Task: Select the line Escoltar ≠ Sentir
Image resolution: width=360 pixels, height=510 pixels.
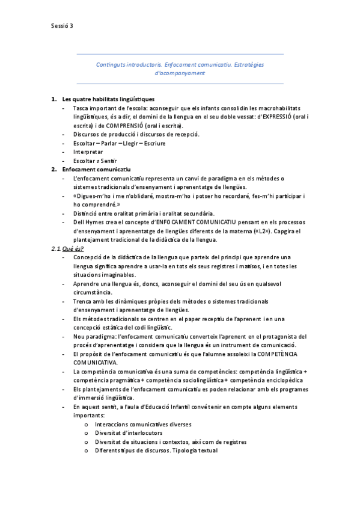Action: pyautogui.click(x=94, y=161)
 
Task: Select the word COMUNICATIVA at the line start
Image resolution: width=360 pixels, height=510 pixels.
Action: pyautogui.click(x=96, y=363)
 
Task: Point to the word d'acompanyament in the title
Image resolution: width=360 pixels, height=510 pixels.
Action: pyautogui.click(x=180, y=73)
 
